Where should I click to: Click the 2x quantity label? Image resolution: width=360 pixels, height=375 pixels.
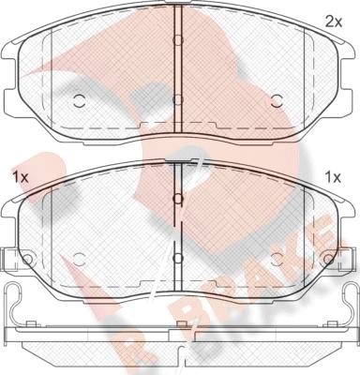tap(334, 22)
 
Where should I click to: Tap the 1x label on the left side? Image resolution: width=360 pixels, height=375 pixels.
tap(21, 178)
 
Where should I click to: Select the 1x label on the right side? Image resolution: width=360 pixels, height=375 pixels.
tap(333, 178)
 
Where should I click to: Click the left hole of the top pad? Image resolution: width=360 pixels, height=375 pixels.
tap(79, 100)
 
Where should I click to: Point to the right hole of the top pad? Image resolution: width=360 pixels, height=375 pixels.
tap(277, 100)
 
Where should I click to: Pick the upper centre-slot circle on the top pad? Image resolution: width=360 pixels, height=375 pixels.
tap(177, 40)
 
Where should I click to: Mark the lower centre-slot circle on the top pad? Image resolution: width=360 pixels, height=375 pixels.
tap(177, 99)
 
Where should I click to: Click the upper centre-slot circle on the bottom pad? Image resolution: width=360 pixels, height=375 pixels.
tap(177, 199)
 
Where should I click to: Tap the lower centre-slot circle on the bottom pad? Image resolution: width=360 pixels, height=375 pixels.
tap(177, 258)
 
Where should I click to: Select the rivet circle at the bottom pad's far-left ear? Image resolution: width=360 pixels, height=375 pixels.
tap(28, 259)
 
